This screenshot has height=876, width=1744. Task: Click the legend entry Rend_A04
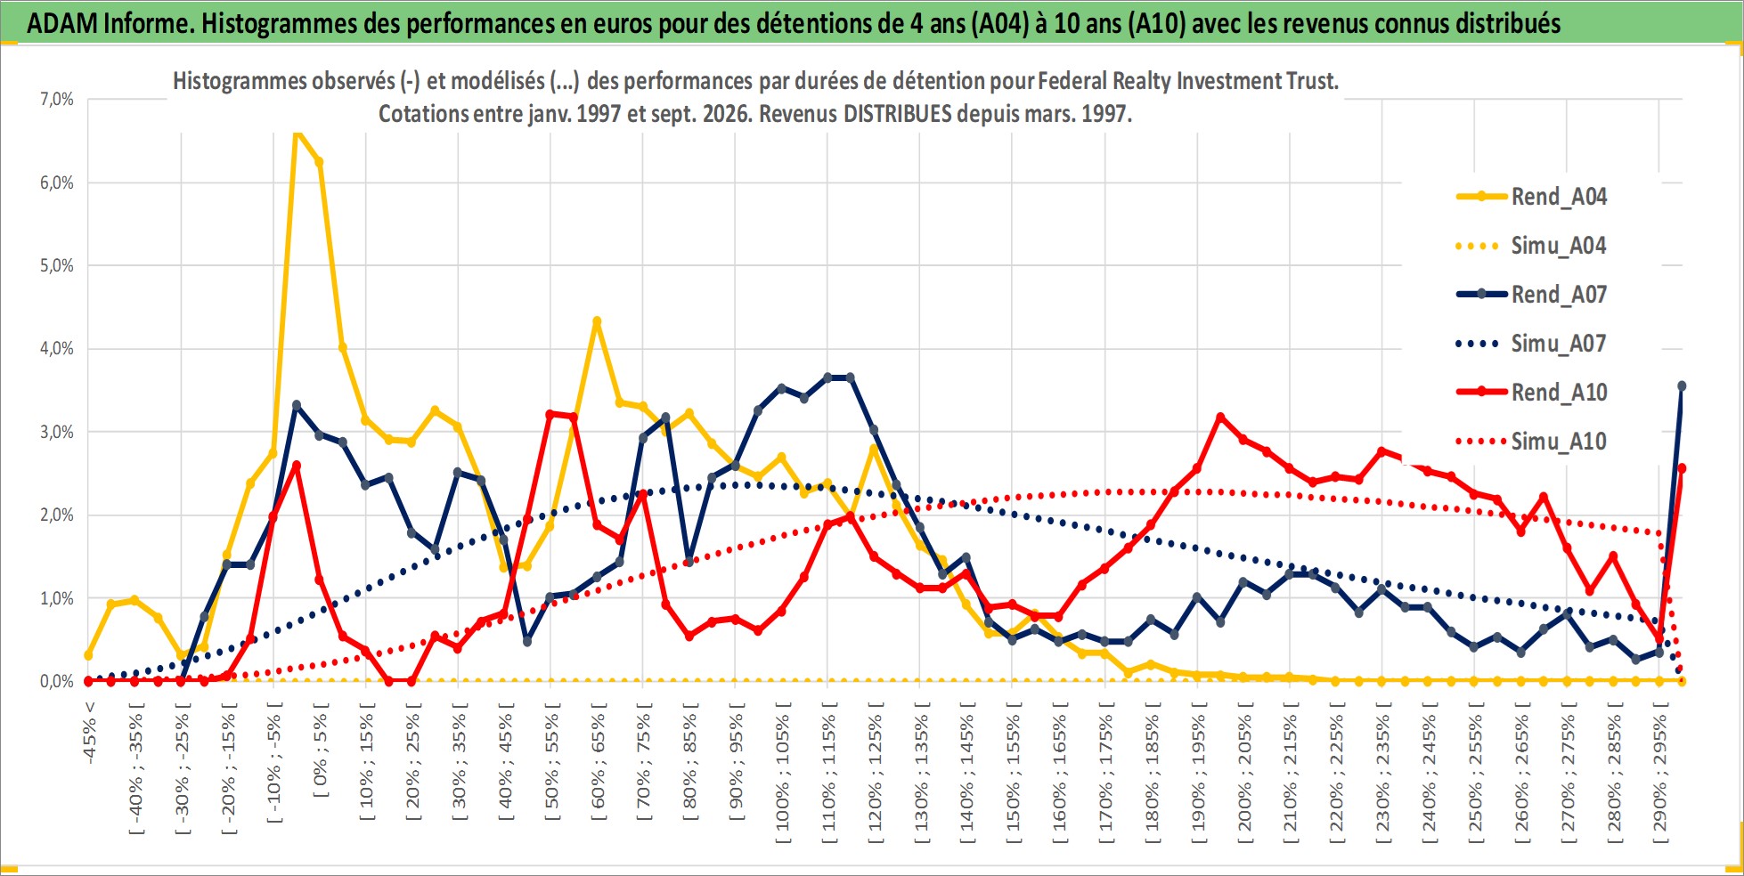(1531, 197)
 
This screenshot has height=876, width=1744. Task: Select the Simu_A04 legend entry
(1531, 246)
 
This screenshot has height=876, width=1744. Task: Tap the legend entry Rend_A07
(1531, 295)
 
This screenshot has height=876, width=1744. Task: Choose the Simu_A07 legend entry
(1531, 344)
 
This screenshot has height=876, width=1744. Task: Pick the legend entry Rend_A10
(1531, 393)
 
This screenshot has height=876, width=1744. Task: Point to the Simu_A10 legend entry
(1531, 442)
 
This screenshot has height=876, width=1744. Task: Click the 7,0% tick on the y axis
(57, 99)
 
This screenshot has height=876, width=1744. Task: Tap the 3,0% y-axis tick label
(57, 432)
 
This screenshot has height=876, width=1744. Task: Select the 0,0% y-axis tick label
(57, 681)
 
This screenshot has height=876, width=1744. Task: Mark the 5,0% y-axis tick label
(57, 265)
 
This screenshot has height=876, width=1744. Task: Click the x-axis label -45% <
(89, 734)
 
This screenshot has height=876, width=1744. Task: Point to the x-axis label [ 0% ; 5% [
(321, 750)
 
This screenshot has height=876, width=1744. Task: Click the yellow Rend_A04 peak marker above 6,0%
(297, 134)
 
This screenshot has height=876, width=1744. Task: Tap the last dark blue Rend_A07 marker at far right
(1682, 386)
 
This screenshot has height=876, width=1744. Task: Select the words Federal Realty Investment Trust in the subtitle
(1186, 81)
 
